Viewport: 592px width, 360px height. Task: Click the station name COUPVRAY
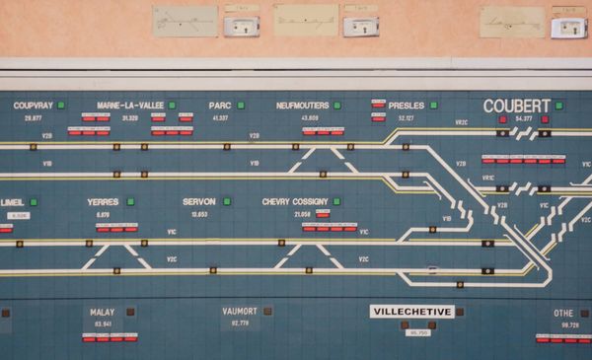pos(33,106)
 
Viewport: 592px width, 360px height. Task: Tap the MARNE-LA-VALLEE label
pos(130,106)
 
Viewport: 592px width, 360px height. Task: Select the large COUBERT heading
pos(516,106)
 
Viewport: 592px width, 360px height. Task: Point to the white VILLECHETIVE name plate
pos(411,312)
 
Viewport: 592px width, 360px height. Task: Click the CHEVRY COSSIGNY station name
pos(295,202)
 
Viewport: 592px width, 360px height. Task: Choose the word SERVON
pos(199,202)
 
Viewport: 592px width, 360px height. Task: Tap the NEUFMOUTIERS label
pos(302,106)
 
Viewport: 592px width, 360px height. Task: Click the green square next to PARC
pos(240,105)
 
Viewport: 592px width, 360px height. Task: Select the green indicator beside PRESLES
pos(433,105)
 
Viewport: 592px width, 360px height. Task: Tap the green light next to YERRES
pos(130,201)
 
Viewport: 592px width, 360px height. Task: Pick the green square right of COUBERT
pos(558,105)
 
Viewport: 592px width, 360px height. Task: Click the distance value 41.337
pos(220,118)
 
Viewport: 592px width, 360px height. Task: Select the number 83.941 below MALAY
pos(103,324)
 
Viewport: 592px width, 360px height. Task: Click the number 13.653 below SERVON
pos(199,214)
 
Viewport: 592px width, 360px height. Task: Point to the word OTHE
pos(563,313)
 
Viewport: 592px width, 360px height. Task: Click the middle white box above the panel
pos(360,27)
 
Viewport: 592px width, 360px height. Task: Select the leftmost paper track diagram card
pos(185,21)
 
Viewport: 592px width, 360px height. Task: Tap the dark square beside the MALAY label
pos(130,312)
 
